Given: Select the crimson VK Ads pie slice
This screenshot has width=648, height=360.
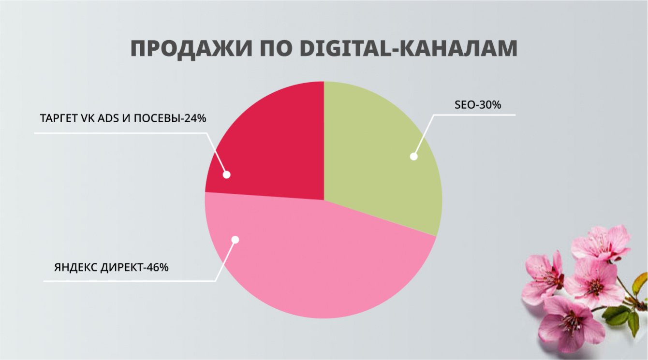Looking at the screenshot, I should coord(271,145).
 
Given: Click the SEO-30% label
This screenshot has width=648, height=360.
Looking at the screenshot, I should coord(477,105).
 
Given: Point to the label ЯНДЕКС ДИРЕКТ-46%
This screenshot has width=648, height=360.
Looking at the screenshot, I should coord(111,267).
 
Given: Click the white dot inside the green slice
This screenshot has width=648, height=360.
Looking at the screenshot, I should coord(413,156).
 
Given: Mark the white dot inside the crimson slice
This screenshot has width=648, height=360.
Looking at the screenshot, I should coord(226,175).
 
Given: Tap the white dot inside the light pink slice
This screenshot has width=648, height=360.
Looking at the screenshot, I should coord(235,240).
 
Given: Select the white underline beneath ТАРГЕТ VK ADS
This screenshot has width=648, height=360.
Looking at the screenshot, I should coord(121,133).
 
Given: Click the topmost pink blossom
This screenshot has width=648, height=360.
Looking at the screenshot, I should coord(601,242).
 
